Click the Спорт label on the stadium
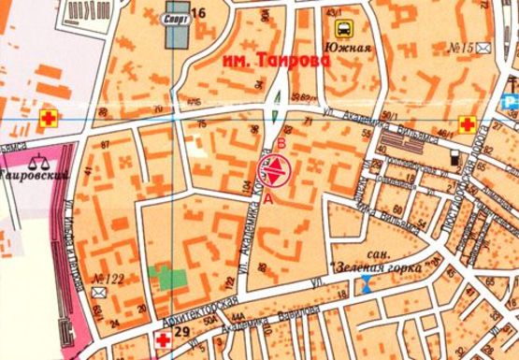172,17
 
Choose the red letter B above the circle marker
279,144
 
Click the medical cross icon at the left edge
47,119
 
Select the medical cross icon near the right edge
466,122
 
